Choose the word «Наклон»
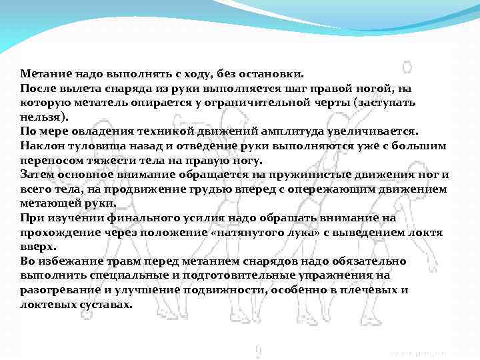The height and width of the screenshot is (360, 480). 40,146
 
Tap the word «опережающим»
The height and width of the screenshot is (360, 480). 336,189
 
